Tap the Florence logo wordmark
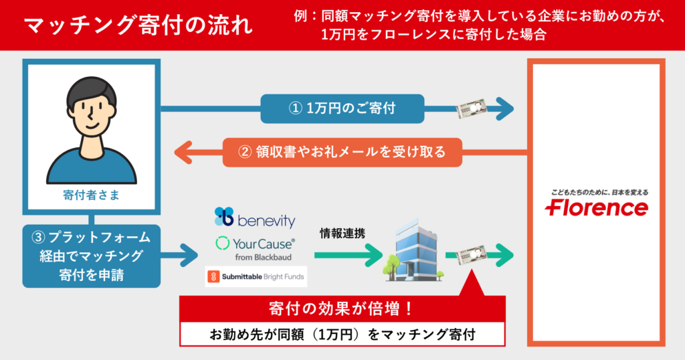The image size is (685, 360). coord(597,208)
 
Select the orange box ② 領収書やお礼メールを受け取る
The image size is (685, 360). coord(342,152)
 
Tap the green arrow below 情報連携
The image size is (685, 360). coord(345,255)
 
